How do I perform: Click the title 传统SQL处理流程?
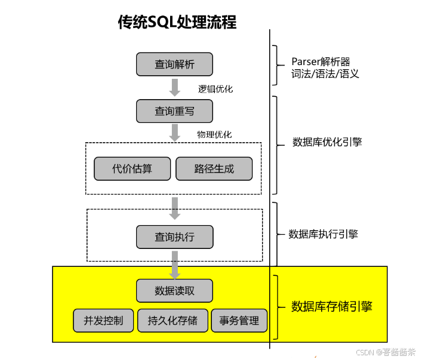[x=177, y=23]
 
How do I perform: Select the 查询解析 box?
[x=174, y=64]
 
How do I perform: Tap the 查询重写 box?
[x=174, y=111]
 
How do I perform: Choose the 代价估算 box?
[x=133, y=169]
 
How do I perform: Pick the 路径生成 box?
[x=214, y=169]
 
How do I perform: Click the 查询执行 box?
[x=174, y=237]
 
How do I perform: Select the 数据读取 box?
[x=174, y=291]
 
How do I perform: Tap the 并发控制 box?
[x=103, y=321]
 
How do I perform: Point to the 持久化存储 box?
[x=173, y=321]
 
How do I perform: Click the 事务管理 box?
[x=239, y=321]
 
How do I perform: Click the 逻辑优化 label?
[x=215, y=89]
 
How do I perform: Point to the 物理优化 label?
[x=214, y=134]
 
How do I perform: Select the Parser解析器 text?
[x=321, y=61]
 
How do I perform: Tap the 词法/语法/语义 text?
[x=325, y=75]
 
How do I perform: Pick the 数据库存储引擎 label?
[x=331, y=307]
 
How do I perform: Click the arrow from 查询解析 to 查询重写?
[x=174, y=87]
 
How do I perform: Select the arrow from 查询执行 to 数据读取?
[x=175, y=264]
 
